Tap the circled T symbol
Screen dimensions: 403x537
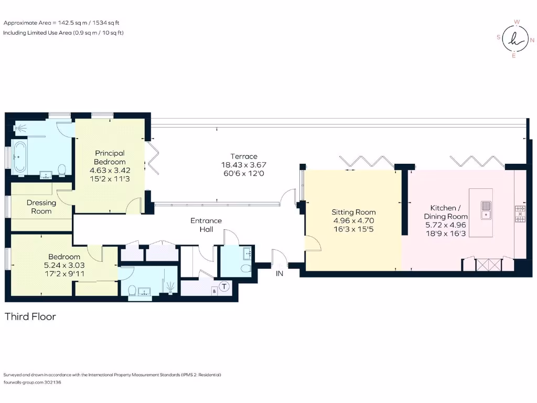coord(224,287)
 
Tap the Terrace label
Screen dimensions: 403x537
coord(244,156)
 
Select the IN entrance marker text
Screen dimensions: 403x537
coord(279,273)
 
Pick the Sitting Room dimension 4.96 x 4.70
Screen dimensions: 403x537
coord(354,221)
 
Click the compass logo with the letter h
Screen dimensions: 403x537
coord(514,38)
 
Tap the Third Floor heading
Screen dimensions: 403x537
coord(30,316)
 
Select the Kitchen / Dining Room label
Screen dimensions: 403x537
coord(446,212)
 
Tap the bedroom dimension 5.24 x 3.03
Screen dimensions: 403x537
coord(61,265)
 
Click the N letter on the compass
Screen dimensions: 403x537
coord(532,39)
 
